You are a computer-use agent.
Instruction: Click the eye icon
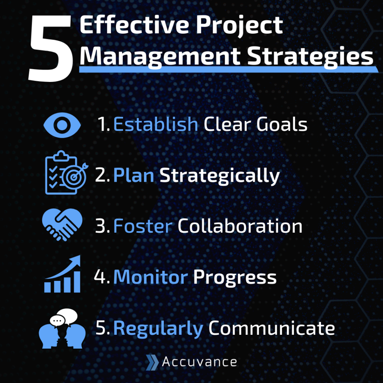point(62,125)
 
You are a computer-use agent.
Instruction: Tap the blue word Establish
point(155,125)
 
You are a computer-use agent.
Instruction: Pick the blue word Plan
point(134,176)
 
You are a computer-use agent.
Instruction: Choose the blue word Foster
point(143,226)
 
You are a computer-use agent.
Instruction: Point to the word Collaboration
point(240,226)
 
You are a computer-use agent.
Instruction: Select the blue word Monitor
point(150,278)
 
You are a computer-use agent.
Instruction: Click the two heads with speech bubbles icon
point(62,328)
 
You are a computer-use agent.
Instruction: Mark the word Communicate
point(271,328)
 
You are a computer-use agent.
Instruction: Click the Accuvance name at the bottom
point(199,362)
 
